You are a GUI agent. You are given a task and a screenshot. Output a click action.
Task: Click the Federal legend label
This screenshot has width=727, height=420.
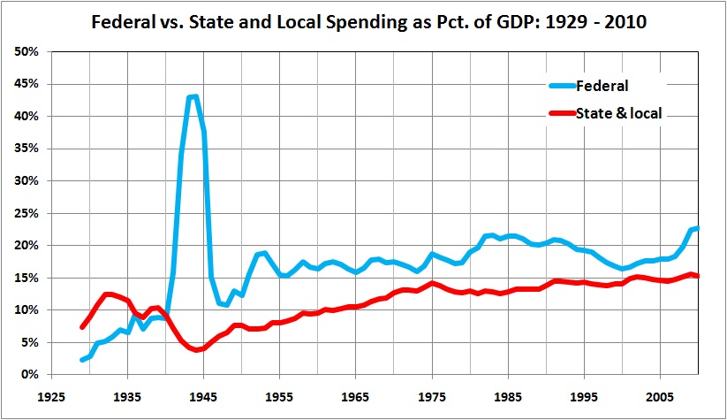point(603,86)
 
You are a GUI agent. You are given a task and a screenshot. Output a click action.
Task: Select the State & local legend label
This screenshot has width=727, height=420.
point(620,112)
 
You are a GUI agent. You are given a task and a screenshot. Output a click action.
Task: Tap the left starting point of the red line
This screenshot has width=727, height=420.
point(81,327)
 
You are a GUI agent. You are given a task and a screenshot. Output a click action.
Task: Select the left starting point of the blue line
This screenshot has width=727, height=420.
point(81,360)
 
